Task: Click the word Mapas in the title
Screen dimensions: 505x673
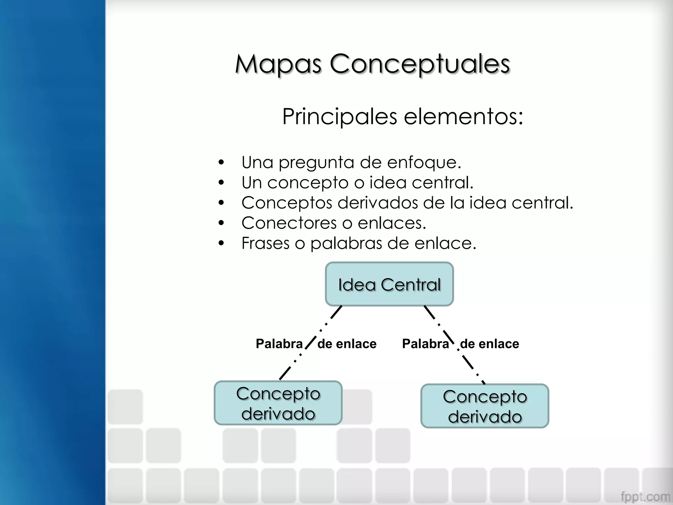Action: [x=278, y=64]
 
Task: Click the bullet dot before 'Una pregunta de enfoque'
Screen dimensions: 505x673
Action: [x=221, y=162]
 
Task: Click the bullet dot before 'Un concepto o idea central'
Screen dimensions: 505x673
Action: [x=221, y=182]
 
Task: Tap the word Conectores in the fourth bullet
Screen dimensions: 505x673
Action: [x=289, y=223]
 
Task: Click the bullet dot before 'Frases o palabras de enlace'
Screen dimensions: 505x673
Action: [x=221, y=243]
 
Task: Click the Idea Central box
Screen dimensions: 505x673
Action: [x=389, y=284]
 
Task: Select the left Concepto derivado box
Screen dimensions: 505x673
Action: [x=278, y=403]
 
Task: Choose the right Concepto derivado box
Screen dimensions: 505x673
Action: [x=485, y=406]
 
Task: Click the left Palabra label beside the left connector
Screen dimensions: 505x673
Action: [x=279, y=344]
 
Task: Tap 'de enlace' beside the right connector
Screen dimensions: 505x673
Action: [x=489, y=344]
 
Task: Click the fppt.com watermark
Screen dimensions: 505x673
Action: [x=645, y=496]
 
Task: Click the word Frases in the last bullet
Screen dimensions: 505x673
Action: [x=265, y=243]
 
